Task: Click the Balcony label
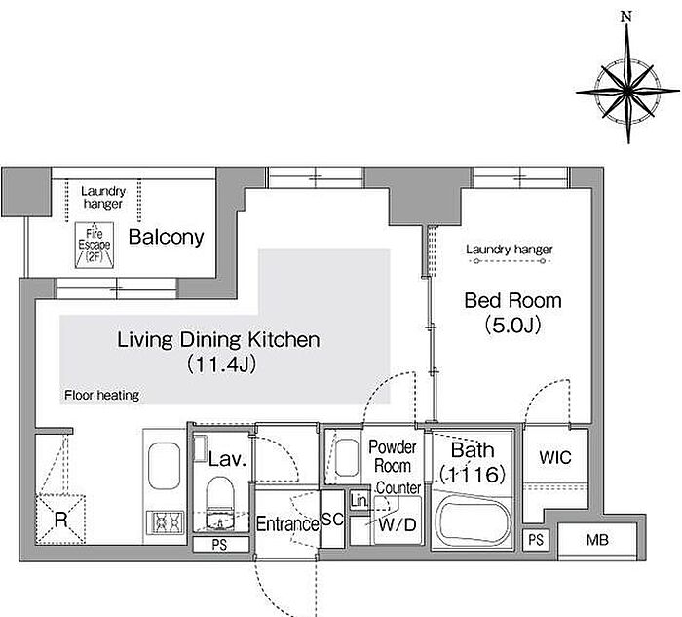coord(167,237)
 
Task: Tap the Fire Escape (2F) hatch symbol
coord(95,245)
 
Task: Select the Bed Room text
coord(512,300)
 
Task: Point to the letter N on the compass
coord(626,17)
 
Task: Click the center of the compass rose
coord(628,91)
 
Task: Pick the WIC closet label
coord(555,457)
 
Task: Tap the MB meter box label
coord(597,540)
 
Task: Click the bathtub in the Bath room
coord(474,520)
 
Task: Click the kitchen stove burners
coord(166,522)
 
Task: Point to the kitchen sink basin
coord(164,466)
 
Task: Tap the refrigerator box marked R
coord(60,520)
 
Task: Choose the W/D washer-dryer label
coord(398,524)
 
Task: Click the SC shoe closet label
coord(332,519)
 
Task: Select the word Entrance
coord(287,523)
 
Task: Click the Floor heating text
coord(101,395)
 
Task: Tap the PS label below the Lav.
coord(219,544)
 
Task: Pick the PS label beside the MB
coord(536,540)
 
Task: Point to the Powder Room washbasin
coord(347,457)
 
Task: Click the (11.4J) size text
coord(221,365)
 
